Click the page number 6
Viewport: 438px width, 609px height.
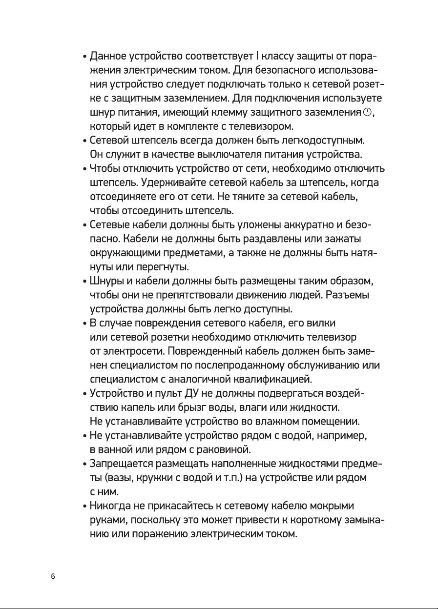[53, 576]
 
